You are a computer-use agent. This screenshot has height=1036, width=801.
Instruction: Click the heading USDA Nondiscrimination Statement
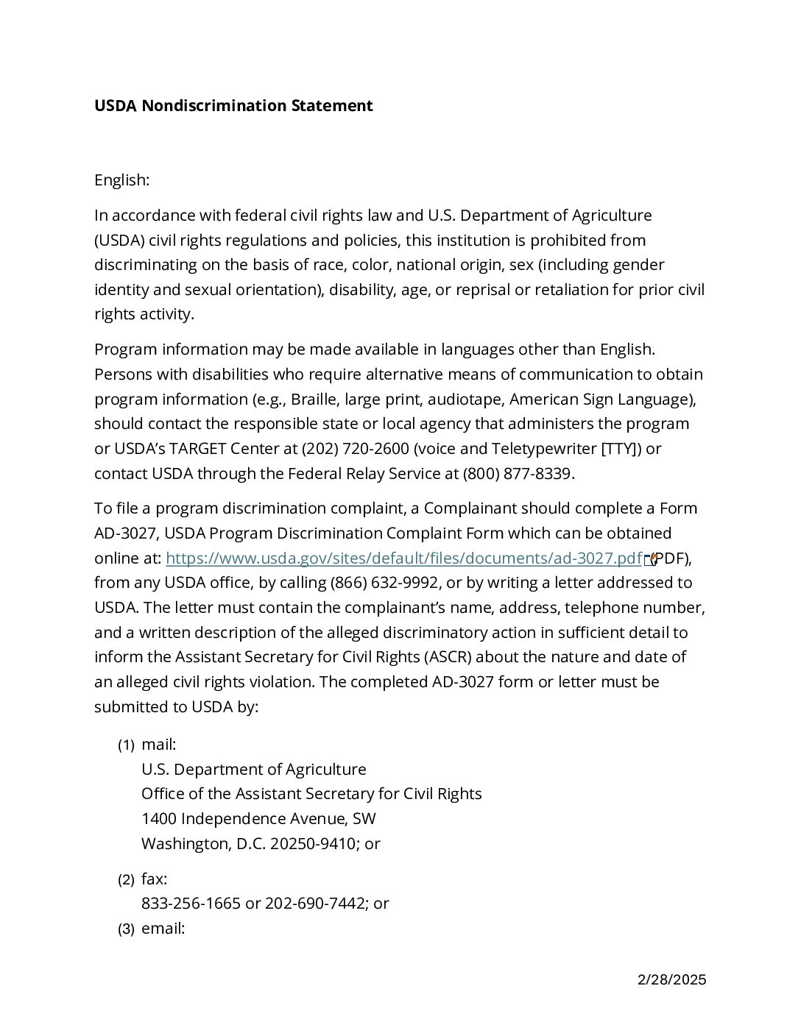coord(233,106)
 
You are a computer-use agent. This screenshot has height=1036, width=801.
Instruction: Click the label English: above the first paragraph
coord(121,180)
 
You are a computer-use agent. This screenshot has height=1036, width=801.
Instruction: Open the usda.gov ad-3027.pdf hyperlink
coord(403,558)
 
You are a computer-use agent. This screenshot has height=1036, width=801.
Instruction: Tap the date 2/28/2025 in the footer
coord(671,979)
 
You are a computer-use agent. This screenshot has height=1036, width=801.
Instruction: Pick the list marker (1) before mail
coord(126,745)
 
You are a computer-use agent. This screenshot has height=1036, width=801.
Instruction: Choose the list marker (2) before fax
coord(126,880)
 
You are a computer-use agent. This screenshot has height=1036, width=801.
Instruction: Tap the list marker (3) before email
coord(126,929)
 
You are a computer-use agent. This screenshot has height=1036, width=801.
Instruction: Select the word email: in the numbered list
coord(163,929)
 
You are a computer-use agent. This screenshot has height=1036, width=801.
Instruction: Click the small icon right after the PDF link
coord(649,560)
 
